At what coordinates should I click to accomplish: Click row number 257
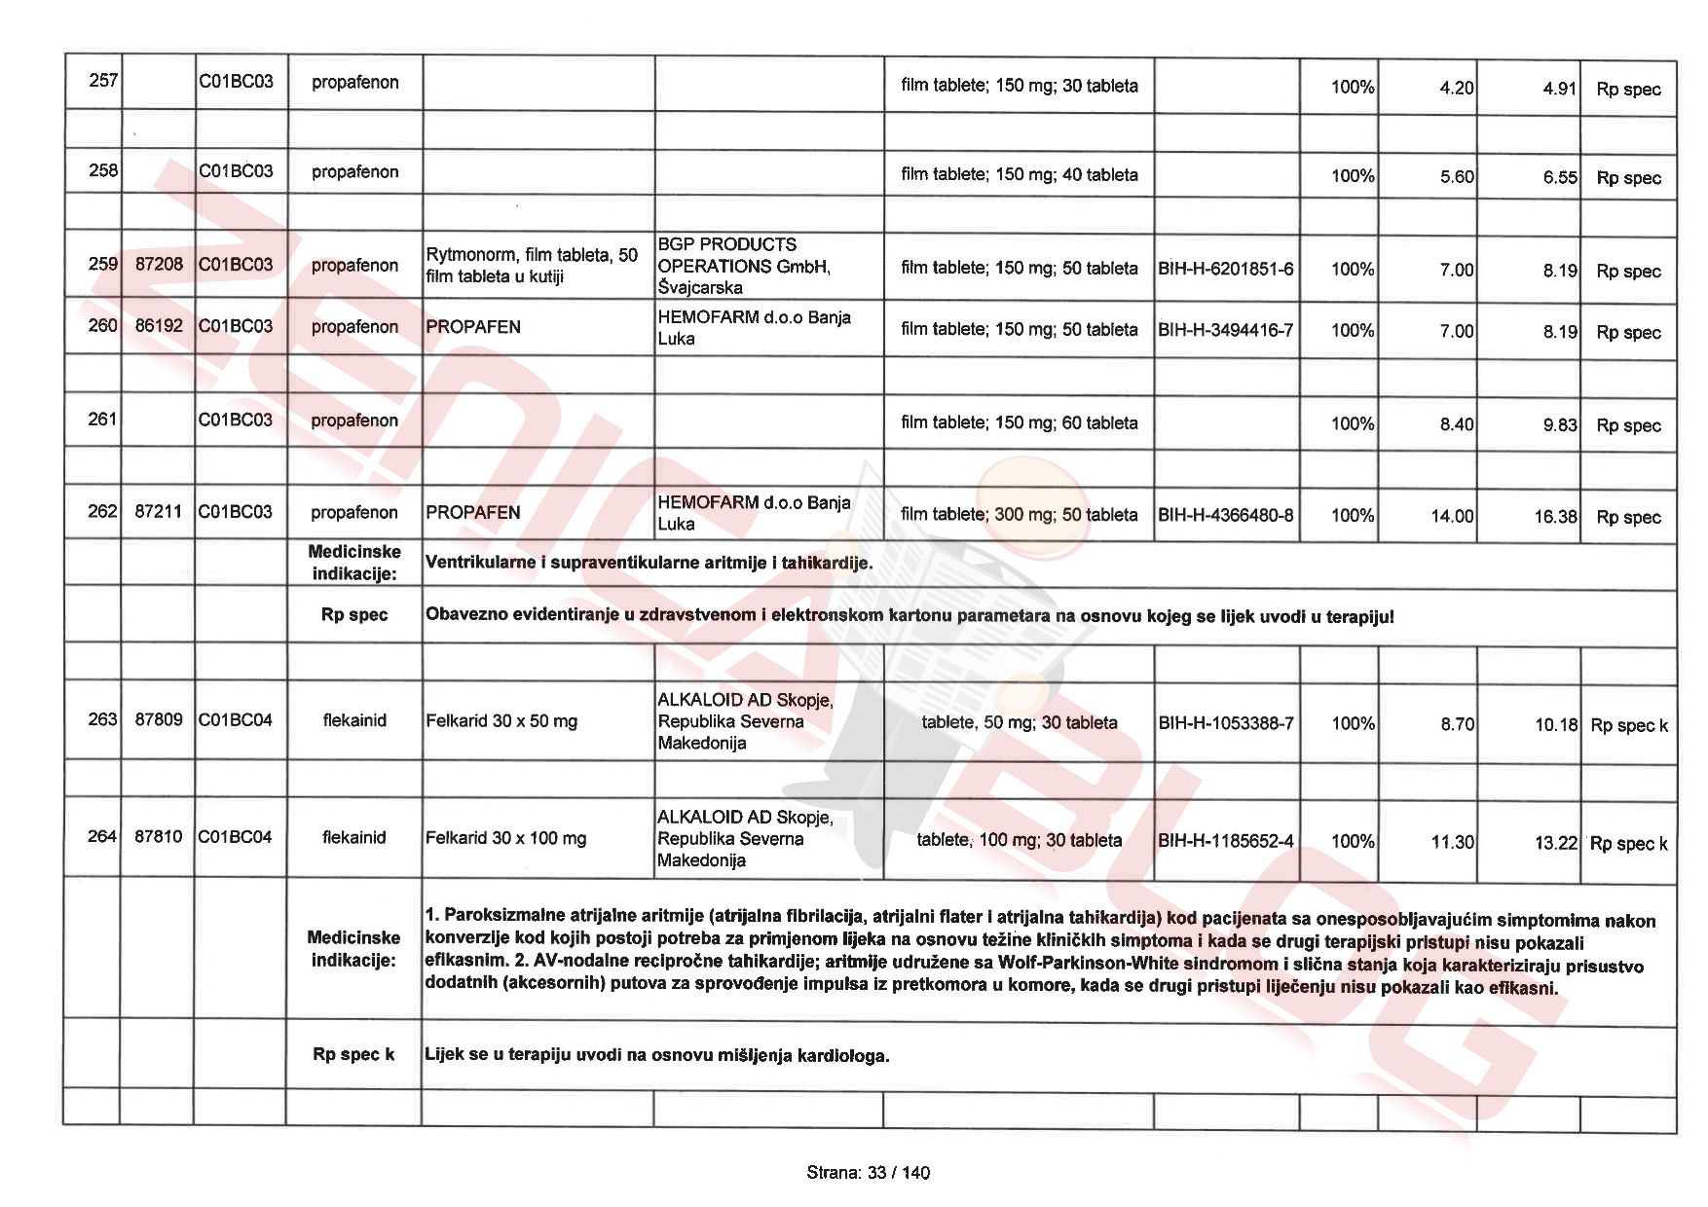tap(102, 81)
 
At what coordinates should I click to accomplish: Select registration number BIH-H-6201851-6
tap(1225, 269)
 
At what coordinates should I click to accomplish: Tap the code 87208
tap(158, 265)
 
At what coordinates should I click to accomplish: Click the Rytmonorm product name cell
tap(531, 265)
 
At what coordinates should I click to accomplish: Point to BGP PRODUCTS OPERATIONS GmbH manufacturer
tap(744, 266)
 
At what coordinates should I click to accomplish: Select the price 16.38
tap(1555, 517)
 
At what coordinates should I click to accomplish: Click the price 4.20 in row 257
tap(1456, 88)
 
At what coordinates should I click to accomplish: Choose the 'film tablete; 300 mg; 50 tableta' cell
tap(1019, 514)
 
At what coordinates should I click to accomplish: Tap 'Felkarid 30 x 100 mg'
tap(505, 838)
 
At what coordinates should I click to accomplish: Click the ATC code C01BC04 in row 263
tap(235, 720)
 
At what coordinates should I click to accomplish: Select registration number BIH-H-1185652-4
tap(1225, 841)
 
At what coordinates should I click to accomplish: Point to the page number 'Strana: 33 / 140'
tap(868, 1173)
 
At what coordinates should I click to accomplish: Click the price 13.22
tap(1555, 843)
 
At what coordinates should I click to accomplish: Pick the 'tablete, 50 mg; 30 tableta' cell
tap(1019, 722)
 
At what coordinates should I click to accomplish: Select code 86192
tap(158, 326)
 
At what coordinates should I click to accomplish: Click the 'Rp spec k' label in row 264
tap(1628, 844)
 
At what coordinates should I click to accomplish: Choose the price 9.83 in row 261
tap(1559, 424)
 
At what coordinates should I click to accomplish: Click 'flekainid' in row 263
tap(354, 720)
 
